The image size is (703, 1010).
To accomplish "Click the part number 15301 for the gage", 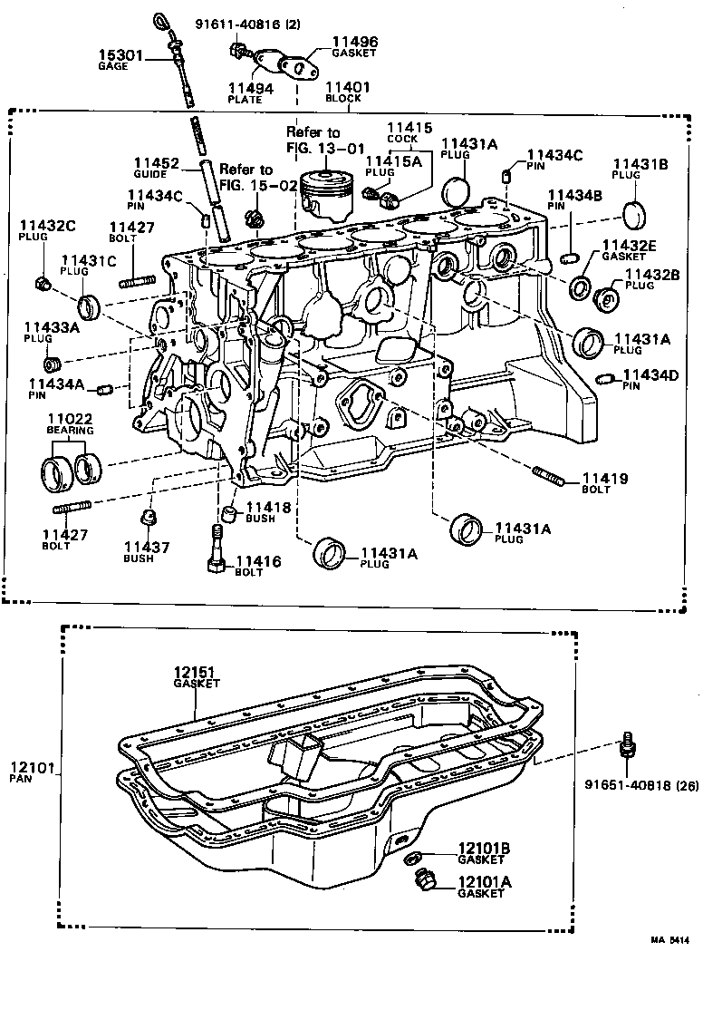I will pos(121,56).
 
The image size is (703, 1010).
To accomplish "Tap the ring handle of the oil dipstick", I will pos(160,20).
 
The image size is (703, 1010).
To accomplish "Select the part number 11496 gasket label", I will pos(354,42).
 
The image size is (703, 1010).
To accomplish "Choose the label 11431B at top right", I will pos(640,164).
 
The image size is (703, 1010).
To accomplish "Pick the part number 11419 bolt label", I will pos(604,478).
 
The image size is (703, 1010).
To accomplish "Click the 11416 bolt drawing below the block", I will pos(217,551).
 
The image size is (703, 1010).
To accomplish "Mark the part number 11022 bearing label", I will pos(70,419).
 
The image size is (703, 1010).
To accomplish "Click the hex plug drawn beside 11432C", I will pos(43,285).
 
